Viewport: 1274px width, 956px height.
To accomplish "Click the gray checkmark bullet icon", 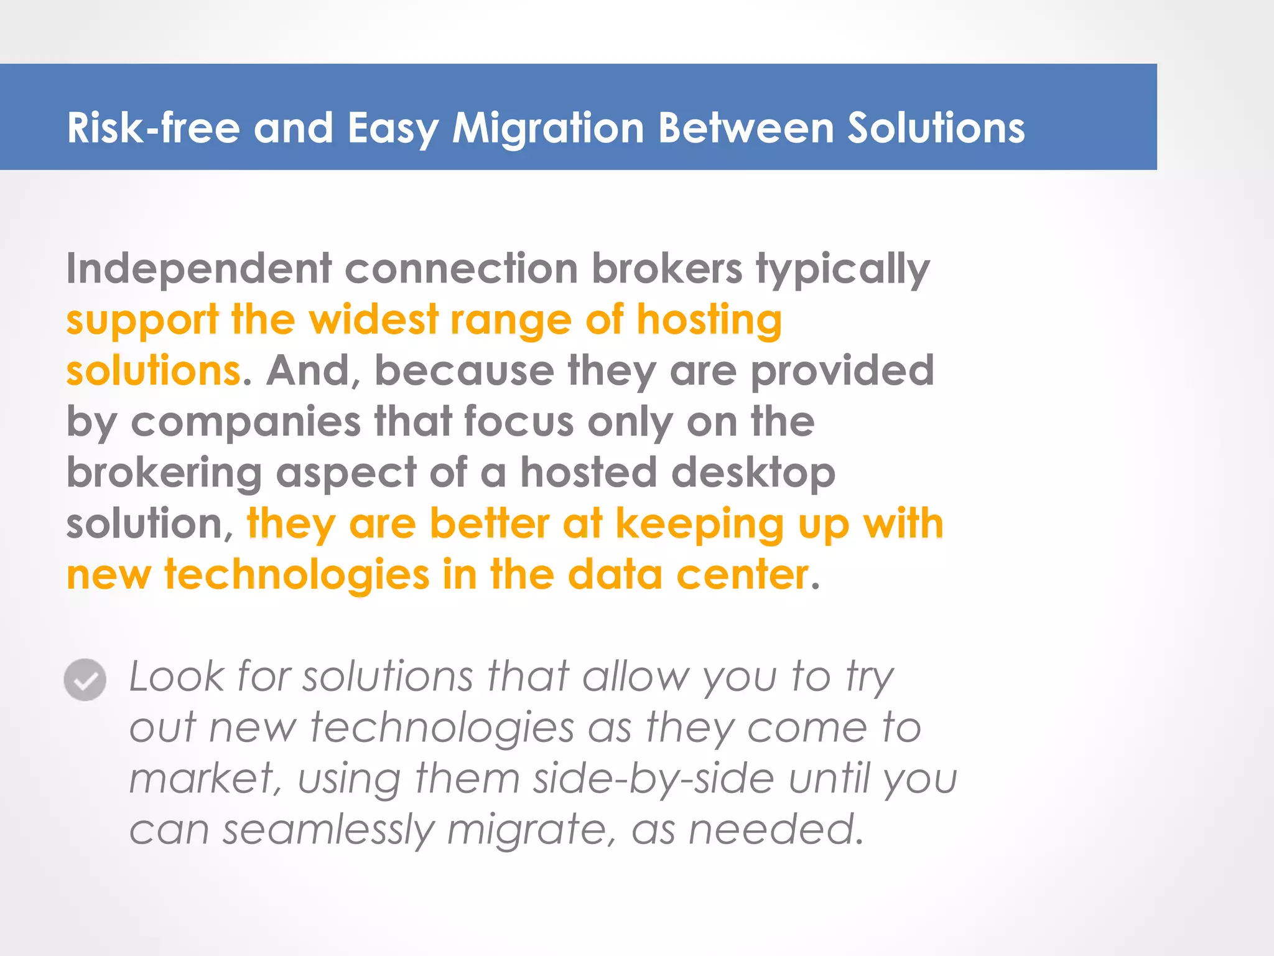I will (x=85, y=680).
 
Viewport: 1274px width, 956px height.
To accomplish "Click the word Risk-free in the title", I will (x=153, y=128).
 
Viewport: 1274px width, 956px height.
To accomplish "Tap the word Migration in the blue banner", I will (x=547, y=128).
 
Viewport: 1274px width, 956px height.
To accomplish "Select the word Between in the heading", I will (x=746, y=128).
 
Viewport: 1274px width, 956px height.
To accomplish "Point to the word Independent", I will (x=199, y=269).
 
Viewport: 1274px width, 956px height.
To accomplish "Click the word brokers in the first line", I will (x=667, y=269).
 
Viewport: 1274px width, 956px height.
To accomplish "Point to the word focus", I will (x=519, y=422).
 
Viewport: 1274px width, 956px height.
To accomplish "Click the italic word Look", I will (x=177, y=677).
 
